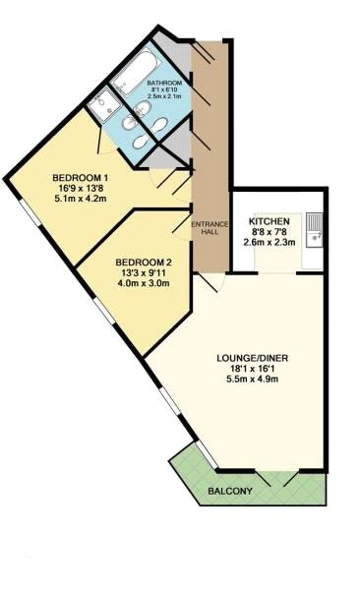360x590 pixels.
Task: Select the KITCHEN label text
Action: (269, 221)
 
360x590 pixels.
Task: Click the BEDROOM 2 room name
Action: (144, 262)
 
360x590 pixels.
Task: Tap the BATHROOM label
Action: (164, 84)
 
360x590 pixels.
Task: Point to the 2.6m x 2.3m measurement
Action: (269, 243)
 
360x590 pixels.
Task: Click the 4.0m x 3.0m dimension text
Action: (144, 283)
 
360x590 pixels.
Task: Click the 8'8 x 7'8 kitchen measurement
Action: (269, 232)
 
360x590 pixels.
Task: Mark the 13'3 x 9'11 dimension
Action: (144, 272)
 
